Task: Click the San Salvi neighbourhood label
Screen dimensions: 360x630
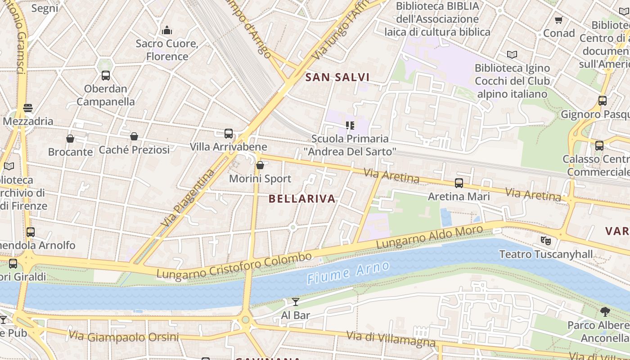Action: pyautogui.click(x=337, y=77)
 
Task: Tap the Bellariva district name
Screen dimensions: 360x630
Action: pyautogui.click(x=302, y=198)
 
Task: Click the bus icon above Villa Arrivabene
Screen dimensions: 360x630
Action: pyautogui.click(x=229, y=133)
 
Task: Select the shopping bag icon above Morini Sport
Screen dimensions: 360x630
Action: pyautogui.click(x=260, y=165)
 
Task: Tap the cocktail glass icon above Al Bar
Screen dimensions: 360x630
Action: pyautogui.click(x=295, y=301)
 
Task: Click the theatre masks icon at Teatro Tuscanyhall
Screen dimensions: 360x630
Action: pyautogui.click(x=546, y=240)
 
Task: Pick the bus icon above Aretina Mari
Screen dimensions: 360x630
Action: pyautogui.click(x=459, y=183)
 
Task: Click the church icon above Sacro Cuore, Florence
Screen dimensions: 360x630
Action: pyautogui.click(x=167, y=30)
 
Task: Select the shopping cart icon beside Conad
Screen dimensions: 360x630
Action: pyautogui.click(x=559, y=20)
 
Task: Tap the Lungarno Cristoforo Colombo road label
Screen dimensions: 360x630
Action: pyautogui.click(x=234, y=266)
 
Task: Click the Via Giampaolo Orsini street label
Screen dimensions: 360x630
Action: pyautogui.click(x=123, y=336)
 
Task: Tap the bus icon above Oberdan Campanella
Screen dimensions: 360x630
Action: pyautogui.click(x=106, y=75)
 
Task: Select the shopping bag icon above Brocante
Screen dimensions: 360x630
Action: pyautogui.click(x=70, y=139)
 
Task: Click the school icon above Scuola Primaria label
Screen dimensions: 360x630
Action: pyautogui.click(x=350, y=125)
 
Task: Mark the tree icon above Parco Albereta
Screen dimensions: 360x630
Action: pyautogui.click(x=605, y=311)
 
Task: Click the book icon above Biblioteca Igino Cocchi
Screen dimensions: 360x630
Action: pyautogui.click(x=512, y=54)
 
